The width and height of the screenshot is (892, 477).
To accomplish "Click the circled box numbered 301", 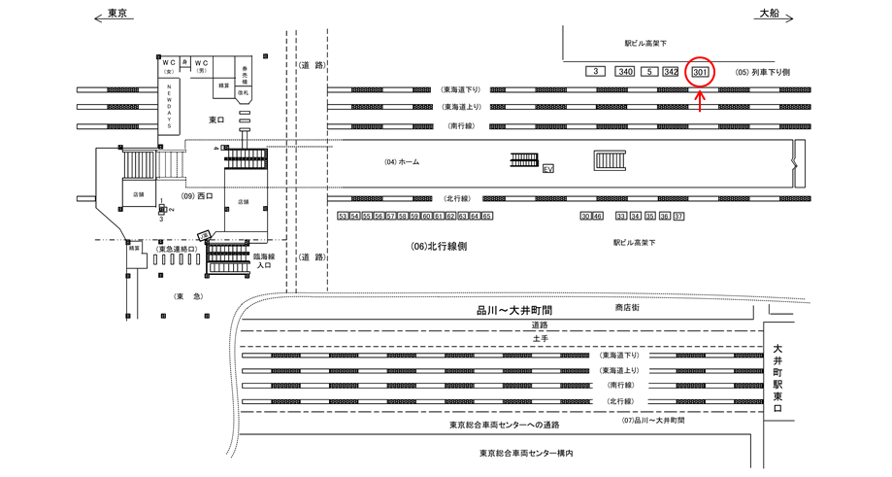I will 700,72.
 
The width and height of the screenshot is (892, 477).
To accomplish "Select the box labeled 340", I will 626,72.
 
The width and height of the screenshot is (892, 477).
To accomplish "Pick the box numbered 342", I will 671,72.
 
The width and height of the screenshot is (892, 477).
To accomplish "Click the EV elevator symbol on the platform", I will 548,168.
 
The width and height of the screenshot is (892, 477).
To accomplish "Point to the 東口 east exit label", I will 216,119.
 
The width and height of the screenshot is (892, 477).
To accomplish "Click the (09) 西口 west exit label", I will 197,195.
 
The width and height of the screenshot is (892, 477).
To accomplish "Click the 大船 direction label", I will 769,13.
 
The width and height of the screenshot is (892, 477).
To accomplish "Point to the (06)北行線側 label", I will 439,247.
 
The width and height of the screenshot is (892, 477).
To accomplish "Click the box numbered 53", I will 343,216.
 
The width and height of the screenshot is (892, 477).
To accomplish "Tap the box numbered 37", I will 678,216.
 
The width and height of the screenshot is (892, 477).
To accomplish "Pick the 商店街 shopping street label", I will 630,308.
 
